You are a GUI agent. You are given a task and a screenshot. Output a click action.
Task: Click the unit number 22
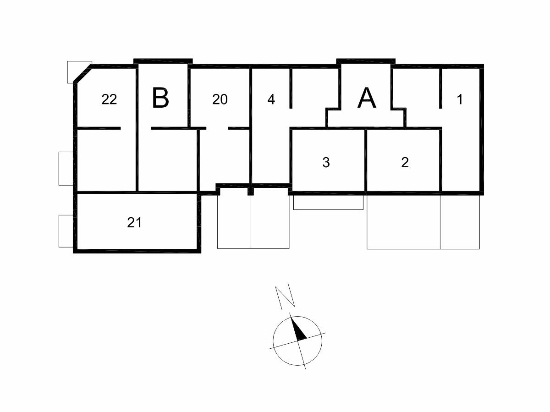click(x=109, y=99)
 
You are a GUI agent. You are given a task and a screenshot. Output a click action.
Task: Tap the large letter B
click(x=160, y=98)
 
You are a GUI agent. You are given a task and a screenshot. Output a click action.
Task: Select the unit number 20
click(x=220, y=99)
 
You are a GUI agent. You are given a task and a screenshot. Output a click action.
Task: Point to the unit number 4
click(x=271, y=99)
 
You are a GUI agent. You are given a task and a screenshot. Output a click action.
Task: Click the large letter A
click(x=367, y=98)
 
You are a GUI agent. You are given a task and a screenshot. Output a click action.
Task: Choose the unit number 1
click(x=460, y=99)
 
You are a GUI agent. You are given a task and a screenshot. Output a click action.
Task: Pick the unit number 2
click(x=405, y=162)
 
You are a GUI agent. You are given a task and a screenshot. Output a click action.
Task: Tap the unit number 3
click(x=326, y=162)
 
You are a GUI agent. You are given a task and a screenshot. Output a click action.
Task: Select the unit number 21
click(x=134, y=223)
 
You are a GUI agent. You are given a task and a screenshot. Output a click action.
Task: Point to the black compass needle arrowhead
click(x=298, y=330)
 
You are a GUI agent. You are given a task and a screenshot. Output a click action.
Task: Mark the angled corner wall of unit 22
click(x=82, y=73)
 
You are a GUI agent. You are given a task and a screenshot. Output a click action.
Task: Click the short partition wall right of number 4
click(x=291, y=88)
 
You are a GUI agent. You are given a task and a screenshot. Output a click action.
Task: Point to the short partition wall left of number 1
click(x=441, y=88)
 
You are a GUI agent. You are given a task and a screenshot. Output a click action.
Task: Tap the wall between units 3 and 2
click(x=366, y=161)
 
